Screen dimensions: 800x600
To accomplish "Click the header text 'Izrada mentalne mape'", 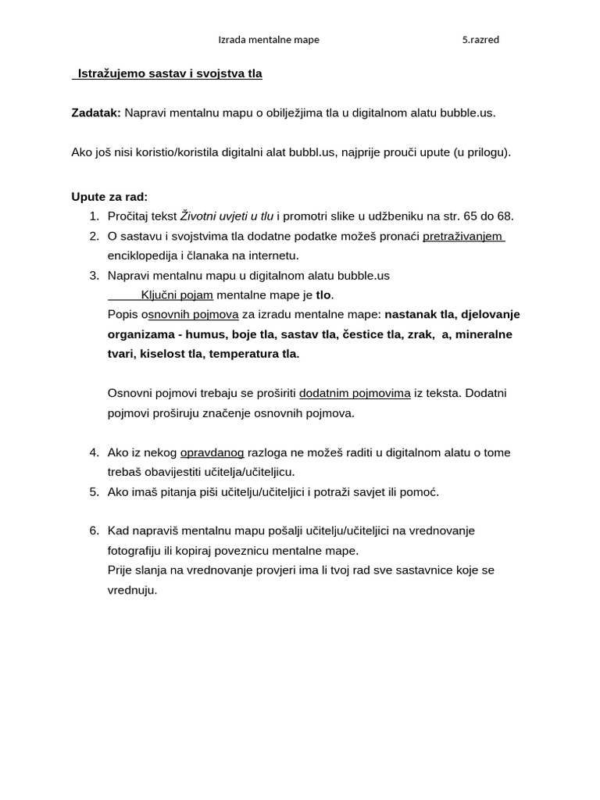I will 268,40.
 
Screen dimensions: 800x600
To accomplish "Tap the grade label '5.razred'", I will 480,40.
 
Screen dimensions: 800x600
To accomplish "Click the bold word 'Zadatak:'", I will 96,112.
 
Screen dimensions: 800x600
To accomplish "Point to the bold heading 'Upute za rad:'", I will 109,197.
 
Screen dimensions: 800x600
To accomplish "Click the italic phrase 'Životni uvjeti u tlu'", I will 227,216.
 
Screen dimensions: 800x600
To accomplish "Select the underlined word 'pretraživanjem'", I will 462,236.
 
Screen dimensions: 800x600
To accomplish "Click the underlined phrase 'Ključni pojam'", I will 177,295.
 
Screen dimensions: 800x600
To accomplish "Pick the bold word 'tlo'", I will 323,295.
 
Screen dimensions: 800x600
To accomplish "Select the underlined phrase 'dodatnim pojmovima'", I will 355,393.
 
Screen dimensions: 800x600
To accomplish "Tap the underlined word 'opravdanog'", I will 212,452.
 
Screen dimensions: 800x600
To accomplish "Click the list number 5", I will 93,491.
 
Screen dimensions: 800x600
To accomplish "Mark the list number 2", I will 93,236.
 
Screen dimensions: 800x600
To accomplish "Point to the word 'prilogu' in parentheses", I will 486,152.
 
